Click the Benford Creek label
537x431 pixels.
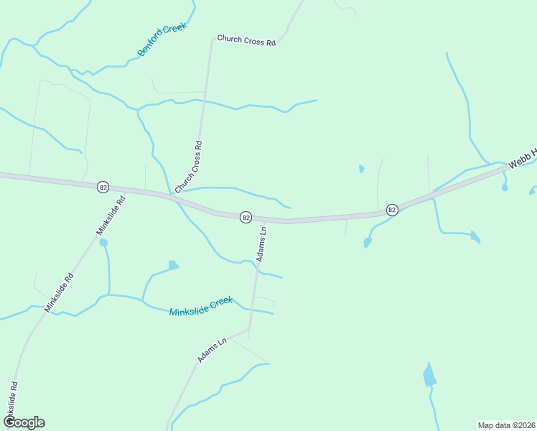[x=162, y=39]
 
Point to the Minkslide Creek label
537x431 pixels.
[x=201, y=307]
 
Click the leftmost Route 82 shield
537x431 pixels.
[x=103, y=187]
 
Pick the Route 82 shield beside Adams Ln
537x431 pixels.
[x=246, y=216]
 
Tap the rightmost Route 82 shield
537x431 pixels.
[x=391, y=209]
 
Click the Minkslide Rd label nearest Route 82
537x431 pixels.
[x=111, y=215]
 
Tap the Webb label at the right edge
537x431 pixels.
[x=523, y=158]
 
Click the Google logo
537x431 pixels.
[x=23, y=422]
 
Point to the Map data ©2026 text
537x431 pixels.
[x=506, y=425]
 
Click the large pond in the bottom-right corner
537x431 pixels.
[x=429, y=376]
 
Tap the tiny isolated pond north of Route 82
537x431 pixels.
[x=361, y=170]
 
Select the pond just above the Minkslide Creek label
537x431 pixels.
[x=173, y=265]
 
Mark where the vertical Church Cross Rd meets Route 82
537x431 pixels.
[x=173, y=195]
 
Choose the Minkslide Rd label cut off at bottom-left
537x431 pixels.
[x=12, y=402]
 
